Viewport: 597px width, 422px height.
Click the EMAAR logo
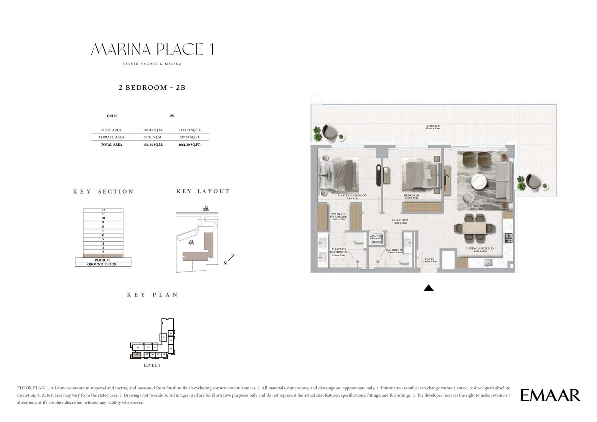pyautogui.click(x=550, y=395)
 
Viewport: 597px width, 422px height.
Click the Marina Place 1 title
pyautogui.click(x=152, y=49)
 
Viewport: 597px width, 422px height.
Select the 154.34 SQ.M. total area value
pyautogui.click(x=153, y=145)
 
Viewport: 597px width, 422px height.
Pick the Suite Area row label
pyautogui.click(x=111, y=130)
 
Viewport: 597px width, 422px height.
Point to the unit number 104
pyautogui.click(x=172, y=115)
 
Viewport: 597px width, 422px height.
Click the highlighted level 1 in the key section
pyautogui.click(x=103, y=256)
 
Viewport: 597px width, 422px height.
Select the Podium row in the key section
pyautogui.click(x=103, y=260)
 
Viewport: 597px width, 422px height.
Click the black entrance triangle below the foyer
pyautogui.click(x=429, y=288)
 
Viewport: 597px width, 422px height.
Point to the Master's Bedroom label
pyautogui.click(x=352, y=196)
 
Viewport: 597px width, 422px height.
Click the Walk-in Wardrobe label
pyautogui.click(x=339, y=216)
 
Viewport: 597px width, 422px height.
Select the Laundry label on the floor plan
pyautogui.click(x=376, y=236)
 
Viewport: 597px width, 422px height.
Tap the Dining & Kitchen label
pyautogui.click(x=480, y=249)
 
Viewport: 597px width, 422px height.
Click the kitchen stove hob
pyautogui.click(x=508, y=238)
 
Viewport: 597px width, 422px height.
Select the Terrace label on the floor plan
pyautogui.click(x=432, y=126)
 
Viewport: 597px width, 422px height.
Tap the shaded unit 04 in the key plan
pyautogui.click(x=136, y=355)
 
